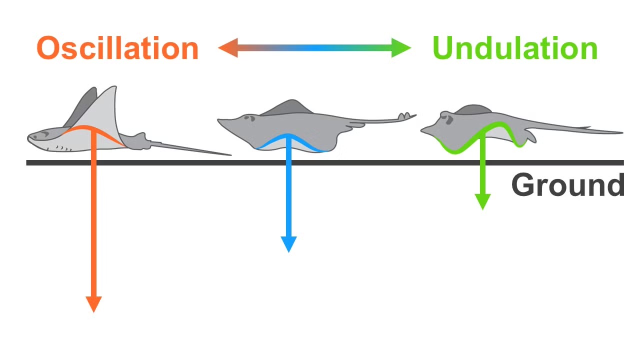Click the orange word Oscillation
[117, 48]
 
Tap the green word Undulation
[515, 48]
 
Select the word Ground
[567, 185]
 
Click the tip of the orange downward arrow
[93, 310]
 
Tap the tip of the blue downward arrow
[288, 250]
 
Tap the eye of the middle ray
[246, 118]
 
